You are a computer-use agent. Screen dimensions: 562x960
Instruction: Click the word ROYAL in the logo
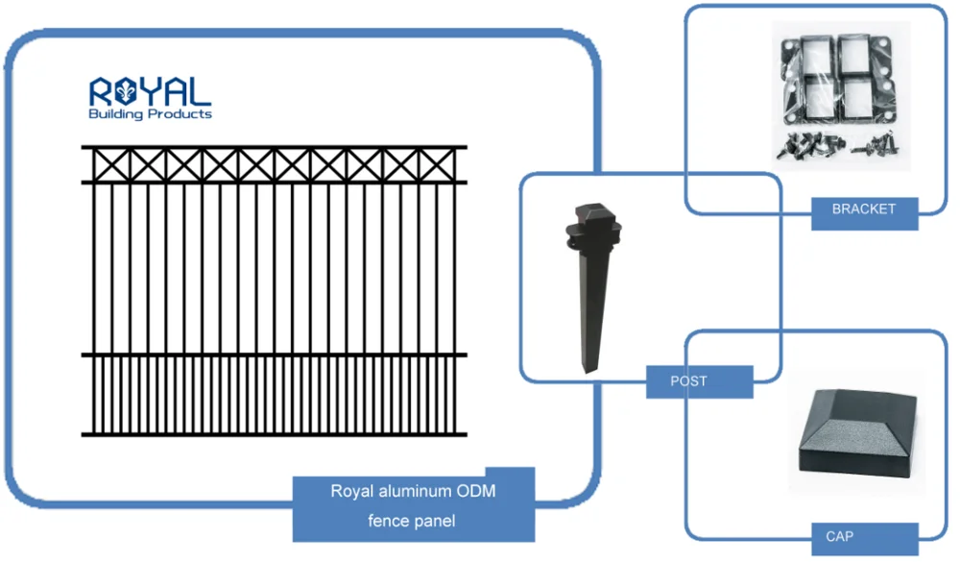tap(151, 93)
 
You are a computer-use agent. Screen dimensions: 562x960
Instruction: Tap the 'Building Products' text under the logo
tap(151, 115)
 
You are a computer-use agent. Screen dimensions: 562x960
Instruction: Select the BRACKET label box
tap(864, 209)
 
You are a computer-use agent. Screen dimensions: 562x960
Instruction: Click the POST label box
tap(689, 381)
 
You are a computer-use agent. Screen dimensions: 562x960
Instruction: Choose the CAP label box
tap(840, 536)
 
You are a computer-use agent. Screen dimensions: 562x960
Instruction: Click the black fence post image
tap(589, 288)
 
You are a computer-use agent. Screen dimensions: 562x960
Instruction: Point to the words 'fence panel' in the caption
tap(413, 522)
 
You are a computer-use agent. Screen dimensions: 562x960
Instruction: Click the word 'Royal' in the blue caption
tap(352, 492)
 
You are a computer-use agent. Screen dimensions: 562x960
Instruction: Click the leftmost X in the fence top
tap(110, 165)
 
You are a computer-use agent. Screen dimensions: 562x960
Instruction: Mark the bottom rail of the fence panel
tap(275, 434)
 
